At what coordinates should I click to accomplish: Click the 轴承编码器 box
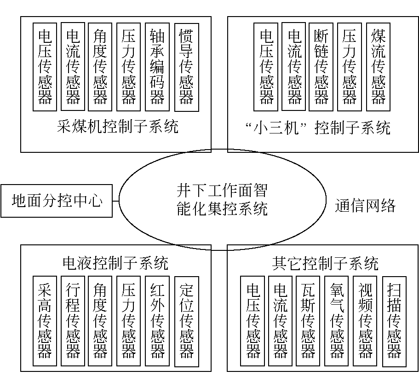click(x=157, y=67)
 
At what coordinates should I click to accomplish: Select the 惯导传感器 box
click(x=186, y=67)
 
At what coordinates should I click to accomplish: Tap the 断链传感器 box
click(x=321, y=67)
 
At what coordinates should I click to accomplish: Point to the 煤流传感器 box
click(x=379, y=67)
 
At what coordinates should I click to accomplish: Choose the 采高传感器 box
click(x=45, y=321)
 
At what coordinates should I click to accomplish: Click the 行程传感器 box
click(x=73, y=321)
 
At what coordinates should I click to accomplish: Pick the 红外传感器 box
click(x=157, y=321)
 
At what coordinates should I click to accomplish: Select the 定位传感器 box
click(x=186, y=321)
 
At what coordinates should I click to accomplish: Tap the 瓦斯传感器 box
click(x=308, y=321)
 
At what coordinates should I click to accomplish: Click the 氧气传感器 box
click(x=337, y=321)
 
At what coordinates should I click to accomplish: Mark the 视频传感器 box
click(x=365, y=321)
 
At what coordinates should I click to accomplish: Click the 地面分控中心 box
click(x=57, y=201)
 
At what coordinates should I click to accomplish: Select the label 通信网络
click(x=365, y=206)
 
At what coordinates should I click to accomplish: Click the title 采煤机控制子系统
click(x=117, y=127)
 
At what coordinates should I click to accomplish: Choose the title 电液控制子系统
click(x=115, y=263)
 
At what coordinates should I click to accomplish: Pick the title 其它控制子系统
click(x=325, y=263)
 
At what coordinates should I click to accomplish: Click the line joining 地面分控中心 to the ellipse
click(x=116, y=201)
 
